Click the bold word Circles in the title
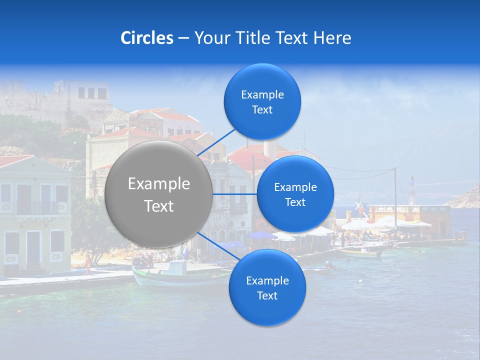(x=147, y=38)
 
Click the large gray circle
(x=159, y=194)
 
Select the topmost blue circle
(x=262, y=102)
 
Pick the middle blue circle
(x=295, y=194)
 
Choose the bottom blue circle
(x=267, y=288)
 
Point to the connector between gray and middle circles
(x=235, y=194)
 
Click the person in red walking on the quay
(x=88, y=265)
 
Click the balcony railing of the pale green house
(x=37, y=207)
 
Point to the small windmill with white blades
(x=359, y=206)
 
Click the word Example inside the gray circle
(x=159, y=184)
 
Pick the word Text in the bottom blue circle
(x=267, y=295)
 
